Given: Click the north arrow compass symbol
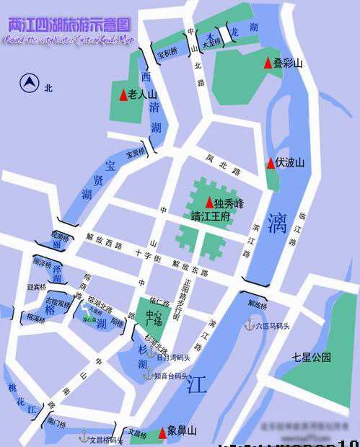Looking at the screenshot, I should pos(30,84).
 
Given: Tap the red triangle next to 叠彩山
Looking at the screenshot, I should pos(268,64).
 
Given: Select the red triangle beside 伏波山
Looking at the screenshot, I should pos(271,163).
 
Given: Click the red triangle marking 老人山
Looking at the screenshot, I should pos(123,95).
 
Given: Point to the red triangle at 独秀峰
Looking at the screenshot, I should pos(209,203).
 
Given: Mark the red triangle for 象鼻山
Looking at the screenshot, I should pos(162,432).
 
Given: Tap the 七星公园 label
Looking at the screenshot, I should pos(311,357).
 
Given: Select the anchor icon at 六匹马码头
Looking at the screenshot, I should pos(250,325).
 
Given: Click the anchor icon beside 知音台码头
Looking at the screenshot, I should pos(147,376).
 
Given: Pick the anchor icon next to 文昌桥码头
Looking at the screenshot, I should pos(83,436).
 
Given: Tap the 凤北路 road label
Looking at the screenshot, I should pos(221,165).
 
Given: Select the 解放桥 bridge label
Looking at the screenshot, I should pos(257,304).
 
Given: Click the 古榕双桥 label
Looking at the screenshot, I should pos(58,304).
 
